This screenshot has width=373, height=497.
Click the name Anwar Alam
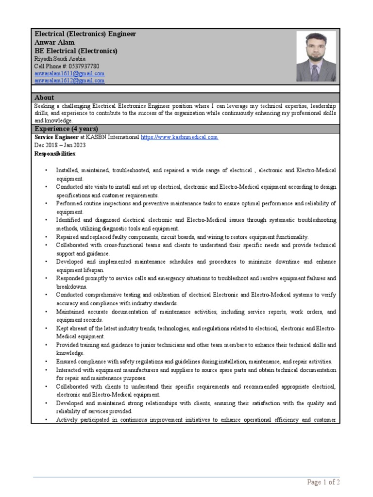54,43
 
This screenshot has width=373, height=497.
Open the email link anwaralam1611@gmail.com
69,73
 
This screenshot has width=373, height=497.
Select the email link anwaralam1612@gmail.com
69,81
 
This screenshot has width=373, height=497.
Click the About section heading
44,98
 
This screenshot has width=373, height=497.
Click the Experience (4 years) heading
66,129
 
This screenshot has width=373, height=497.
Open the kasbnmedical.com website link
179,137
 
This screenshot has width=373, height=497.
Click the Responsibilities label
55,153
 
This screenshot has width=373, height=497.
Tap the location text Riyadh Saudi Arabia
60,59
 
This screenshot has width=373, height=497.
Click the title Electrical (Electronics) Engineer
85,34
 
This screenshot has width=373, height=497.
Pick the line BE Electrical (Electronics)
75,51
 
